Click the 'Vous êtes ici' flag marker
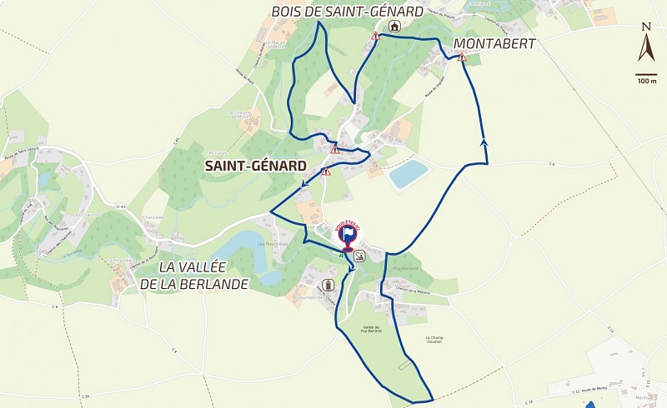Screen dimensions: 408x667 pos(348,236)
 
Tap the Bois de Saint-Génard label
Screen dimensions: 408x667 pos(348,11)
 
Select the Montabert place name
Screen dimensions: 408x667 pos(494,42)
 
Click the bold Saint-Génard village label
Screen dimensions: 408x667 pos(255,166)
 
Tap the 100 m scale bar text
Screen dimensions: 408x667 pos(646,81)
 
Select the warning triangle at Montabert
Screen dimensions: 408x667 pos(461,57)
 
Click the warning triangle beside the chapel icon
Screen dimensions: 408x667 pos(375,37)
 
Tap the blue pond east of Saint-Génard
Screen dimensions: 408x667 pos(408,174)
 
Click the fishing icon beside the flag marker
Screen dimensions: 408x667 pos(359,255)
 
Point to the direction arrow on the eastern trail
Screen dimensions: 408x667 pos(484,142)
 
